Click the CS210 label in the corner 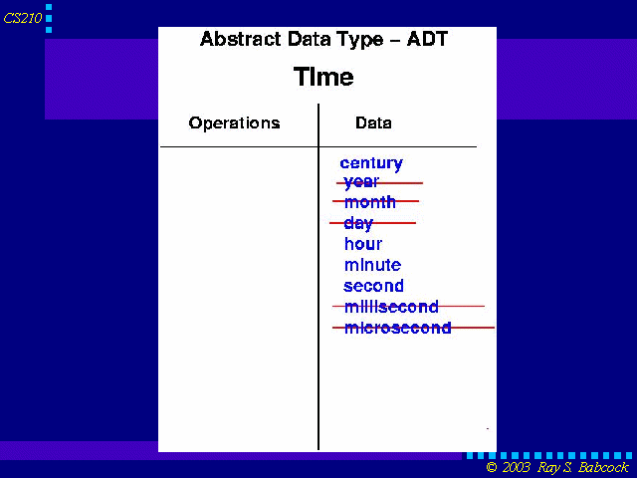click(x=23, y=18)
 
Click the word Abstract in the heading click(x=241, y=39)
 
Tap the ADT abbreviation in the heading click(x=427, y=39)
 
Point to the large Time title click(x=323, y=77)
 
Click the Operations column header click(x=235, y=123)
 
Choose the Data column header click(x=373, y=122)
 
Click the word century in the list click(x=371, y=163)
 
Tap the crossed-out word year click(x=361, y=182)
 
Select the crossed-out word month click(x=369, y=202)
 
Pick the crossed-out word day click(x=358, y=223)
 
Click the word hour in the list click(x=363, y=244)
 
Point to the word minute click(x=372, y=265)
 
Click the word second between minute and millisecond click(x=374, y=286)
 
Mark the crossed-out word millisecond click(x=391, y=307)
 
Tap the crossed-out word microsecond click(x=398, y=328)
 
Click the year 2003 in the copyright click(x=516, y=467)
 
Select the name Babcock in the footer click(x=604, y=467)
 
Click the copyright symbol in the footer click(x=492, y=467)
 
